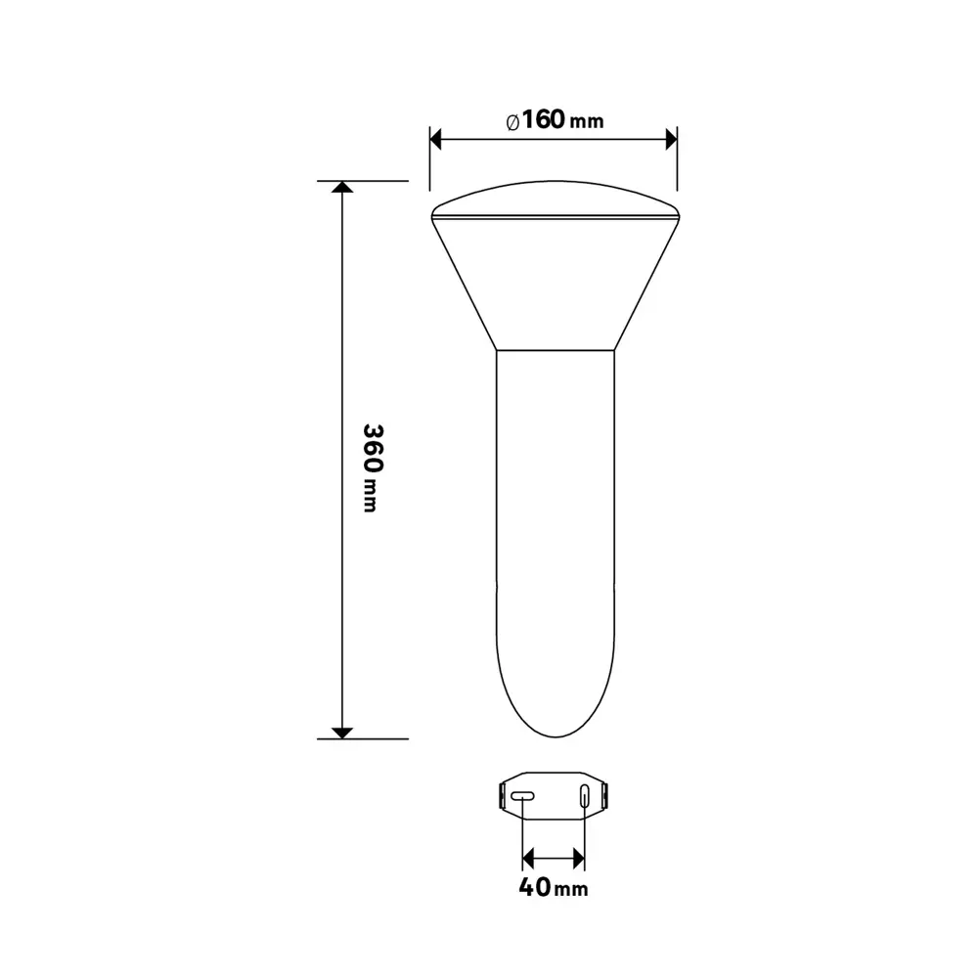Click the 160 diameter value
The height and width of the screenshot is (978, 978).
point(543,119)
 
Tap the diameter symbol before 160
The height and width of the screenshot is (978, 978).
point(512,122)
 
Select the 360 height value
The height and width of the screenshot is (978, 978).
point(373,448)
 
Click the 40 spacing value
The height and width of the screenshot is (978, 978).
point(535,886)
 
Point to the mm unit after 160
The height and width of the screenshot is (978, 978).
point(587,121)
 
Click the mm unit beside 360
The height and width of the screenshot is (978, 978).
point(370,496)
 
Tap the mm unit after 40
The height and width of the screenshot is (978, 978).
point(571,889)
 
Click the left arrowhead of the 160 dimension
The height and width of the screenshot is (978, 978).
point(436,140)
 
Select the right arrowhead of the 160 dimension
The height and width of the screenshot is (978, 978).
point(671,140)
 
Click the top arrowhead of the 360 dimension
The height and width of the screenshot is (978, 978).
point(342,187)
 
